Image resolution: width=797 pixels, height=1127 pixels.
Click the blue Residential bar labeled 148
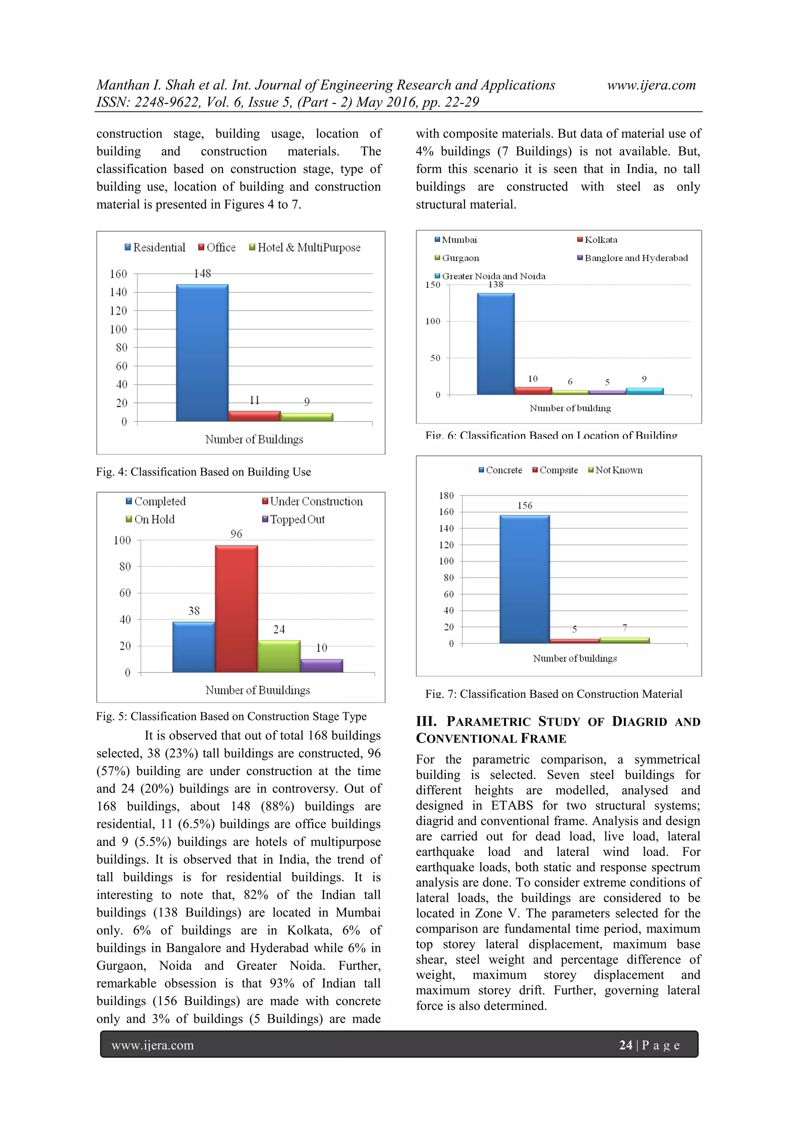[x=202, y=352]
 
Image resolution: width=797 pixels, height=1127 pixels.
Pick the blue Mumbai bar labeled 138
[x=495, y=344]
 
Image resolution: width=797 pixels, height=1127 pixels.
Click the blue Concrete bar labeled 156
[x=525, y=579]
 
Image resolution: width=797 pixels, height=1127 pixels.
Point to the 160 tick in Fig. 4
[x=118, y=274]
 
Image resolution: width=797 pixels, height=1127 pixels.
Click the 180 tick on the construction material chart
[x=446, y=495]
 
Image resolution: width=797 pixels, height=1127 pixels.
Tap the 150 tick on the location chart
[x=433, y=285]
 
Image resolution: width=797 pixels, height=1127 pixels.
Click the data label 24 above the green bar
[x=279, y=629]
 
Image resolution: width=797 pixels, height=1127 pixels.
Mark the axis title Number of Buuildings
[x=257, y=690]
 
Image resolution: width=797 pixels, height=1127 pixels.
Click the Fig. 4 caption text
[x=203, y=472]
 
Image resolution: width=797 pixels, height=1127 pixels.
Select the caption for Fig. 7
[x=553, y=694]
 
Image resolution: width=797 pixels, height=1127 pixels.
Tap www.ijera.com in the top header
[x=651, y=85]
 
